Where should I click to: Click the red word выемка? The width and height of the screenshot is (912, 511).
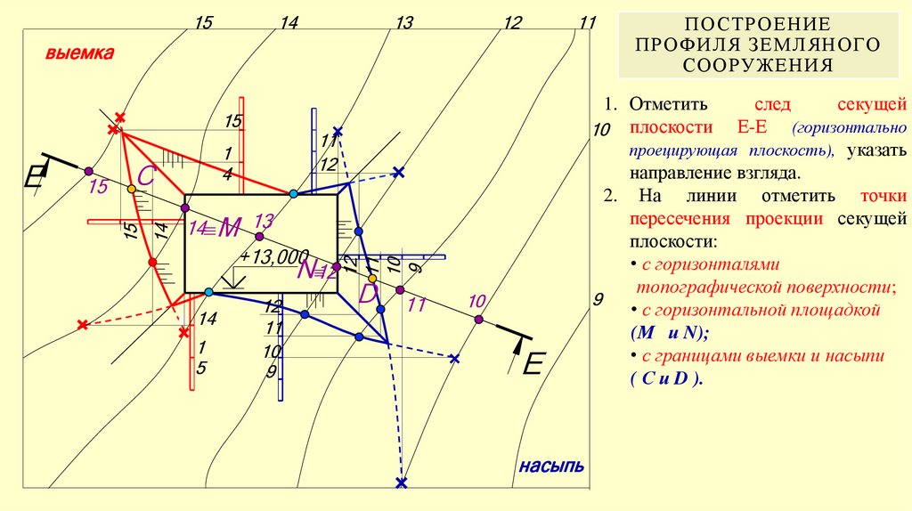(80, 54)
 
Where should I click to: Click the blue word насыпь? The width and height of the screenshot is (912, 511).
(551, 466)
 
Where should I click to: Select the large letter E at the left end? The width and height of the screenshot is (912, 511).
(35, 176)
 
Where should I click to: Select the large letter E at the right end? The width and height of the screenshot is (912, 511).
(533, 364)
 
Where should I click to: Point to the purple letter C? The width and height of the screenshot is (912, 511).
(147, 176)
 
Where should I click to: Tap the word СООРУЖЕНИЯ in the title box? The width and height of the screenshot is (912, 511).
(758, 65)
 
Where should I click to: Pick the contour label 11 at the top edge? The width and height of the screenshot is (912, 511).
(586, 22)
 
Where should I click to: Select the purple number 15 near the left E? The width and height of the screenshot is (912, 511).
(98, 187)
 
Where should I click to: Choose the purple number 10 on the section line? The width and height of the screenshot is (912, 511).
(477, 301)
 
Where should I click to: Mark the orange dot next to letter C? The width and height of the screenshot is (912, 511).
(131, 190)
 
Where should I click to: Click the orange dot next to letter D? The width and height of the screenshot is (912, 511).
(372, 279)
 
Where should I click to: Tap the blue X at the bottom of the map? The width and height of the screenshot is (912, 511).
(401, 483)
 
